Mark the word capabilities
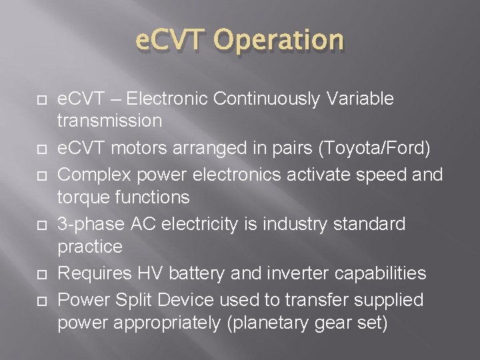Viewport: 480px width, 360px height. (x=392, y=274)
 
